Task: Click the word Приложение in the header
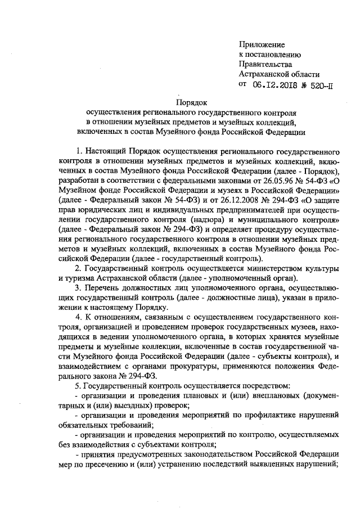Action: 262,44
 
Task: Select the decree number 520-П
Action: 321,84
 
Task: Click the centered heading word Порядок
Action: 192,102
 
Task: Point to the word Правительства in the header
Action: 264,64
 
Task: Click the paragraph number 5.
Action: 78,386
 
